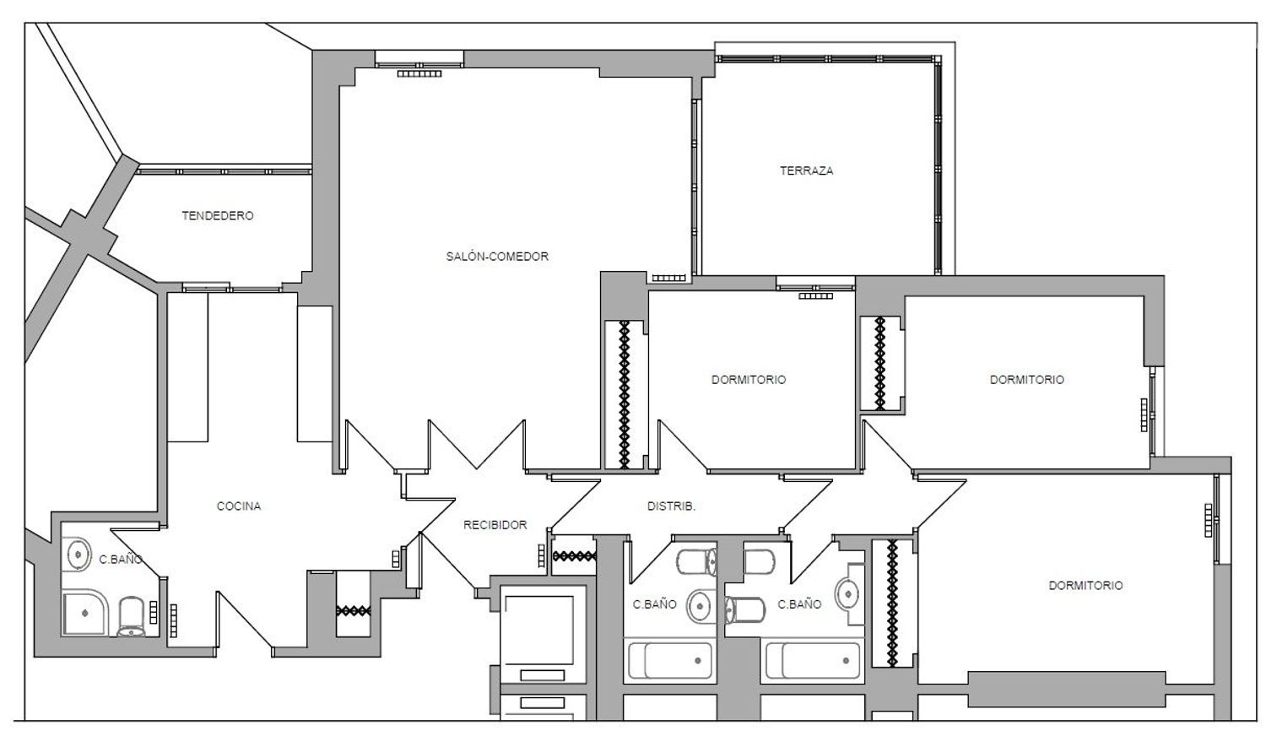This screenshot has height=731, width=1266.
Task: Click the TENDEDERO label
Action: pos(218,215)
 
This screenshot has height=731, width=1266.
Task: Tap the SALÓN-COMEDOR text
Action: pos(497,256)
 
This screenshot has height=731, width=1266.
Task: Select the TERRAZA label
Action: pos(807,171)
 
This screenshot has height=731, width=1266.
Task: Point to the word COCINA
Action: pos(239,506)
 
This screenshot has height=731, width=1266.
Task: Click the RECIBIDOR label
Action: pos(495,525)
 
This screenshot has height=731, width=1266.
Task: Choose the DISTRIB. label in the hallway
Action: pos(671,506)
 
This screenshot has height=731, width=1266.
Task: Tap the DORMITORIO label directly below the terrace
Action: pos(749,379)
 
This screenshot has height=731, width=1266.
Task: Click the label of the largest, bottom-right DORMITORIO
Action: pos(1085,585)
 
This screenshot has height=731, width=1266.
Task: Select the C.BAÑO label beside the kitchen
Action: pos(121,559)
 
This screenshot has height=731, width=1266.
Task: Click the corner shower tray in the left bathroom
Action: pos(84,613)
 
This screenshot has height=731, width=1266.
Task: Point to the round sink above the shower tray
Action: pos(78,555)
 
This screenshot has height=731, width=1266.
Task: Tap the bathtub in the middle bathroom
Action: pos(669,660)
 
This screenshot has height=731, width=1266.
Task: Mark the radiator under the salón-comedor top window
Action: pos(419,73)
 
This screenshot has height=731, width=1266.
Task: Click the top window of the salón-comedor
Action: pos(419,59)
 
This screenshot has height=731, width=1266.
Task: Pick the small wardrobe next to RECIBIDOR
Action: pos(574,555)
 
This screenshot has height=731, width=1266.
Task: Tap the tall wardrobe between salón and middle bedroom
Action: pos(625,394)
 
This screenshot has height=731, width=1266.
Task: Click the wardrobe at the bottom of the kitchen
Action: pos(354,604)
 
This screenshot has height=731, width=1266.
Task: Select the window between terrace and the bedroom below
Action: pos(815,284)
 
